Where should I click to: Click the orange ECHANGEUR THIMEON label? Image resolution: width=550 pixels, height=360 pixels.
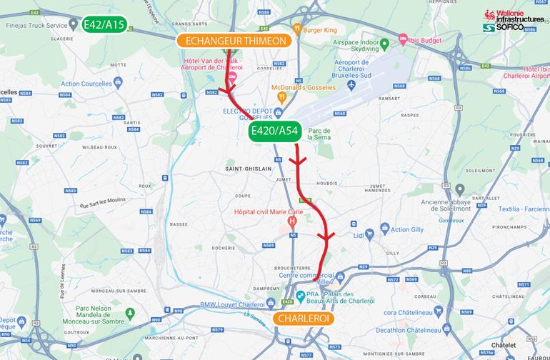tap(235, 41)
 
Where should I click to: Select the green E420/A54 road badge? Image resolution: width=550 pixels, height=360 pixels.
tap(273, 131)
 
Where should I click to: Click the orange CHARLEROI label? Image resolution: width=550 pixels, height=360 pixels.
tap(304, 319)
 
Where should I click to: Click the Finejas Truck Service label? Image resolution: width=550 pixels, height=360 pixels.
tap(35, 26)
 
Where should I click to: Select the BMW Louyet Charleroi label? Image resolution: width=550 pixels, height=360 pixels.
tap(208, 304)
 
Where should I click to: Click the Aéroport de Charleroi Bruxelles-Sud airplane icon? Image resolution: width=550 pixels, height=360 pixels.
tap(351, 85)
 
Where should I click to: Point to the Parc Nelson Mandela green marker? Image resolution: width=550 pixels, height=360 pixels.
tap(130, 313)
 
